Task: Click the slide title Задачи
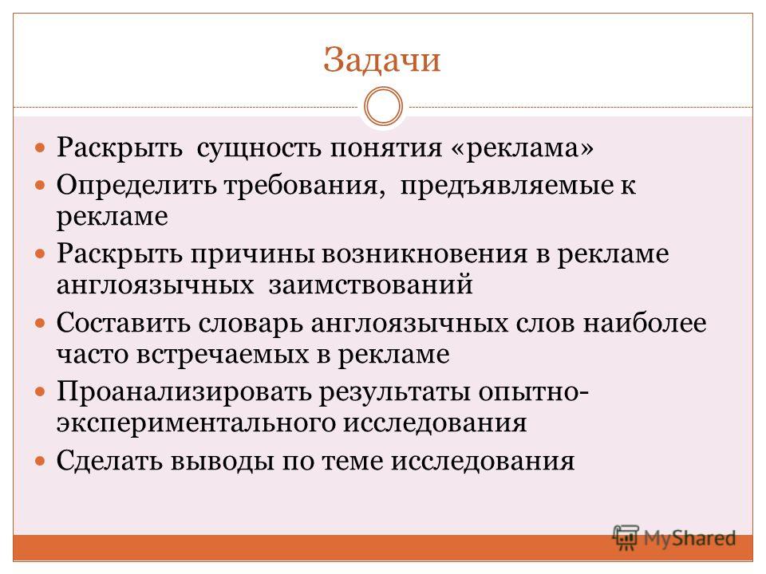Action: [382, 60]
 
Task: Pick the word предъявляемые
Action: [507, 186]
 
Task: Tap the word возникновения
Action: [424, 254]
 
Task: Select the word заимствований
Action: [371, 285]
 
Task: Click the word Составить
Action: [123, 323]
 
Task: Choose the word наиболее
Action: [645, 323]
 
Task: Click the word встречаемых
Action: [223, 355]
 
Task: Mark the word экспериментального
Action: [196, 423]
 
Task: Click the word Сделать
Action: [109, 460]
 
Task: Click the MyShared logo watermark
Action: [674, 538]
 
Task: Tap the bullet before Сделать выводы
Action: [40, 461]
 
